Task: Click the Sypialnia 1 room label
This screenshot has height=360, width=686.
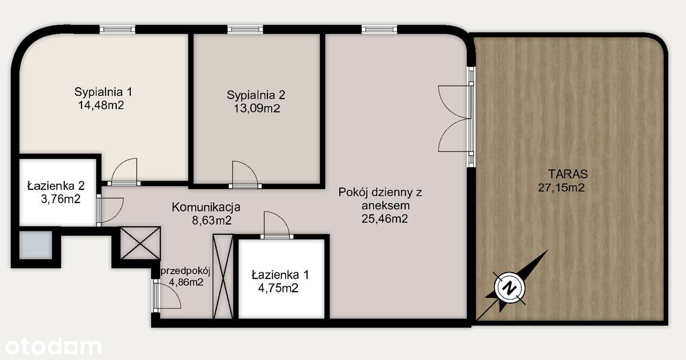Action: (103, 92)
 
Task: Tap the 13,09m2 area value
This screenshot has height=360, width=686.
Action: (256, 109)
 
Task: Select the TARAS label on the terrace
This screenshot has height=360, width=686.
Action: (568, 174)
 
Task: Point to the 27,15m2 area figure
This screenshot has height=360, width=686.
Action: (561, 187)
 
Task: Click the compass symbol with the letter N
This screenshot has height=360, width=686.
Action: (509, 288)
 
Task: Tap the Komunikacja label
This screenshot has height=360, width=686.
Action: (206, 207)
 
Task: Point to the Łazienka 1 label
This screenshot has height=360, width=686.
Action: (280, 275)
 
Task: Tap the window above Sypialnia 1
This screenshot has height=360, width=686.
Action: (117, 29)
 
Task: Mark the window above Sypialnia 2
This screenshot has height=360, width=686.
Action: (245, 29)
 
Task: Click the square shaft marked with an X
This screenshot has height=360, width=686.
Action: (140, 243)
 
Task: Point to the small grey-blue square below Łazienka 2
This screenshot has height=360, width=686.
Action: (36, 245)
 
